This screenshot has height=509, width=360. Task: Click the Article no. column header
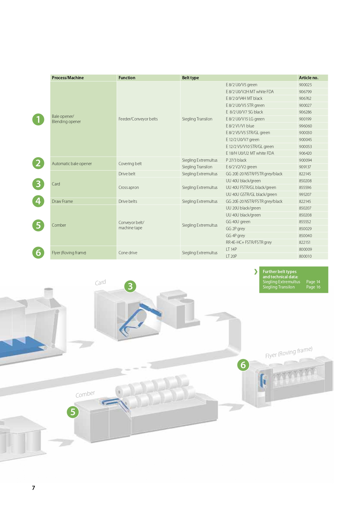tap(308, 78)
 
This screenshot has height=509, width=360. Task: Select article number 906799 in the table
tap(305, 92)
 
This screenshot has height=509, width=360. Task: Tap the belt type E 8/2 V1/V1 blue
tap(240, 126)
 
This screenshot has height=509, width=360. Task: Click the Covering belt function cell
tap(130, 164)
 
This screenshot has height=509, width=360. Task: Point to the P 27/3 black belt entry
tap(236, 160)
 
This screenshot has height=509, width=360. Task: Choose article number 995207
tap(305, 194)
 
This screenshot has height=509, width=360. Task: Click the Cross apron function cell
tap(129, 187)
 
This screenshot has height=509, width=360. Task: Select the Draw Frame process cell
tap(62, 201)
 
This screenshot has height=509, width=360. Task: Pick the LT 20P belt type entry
tap(231, 256)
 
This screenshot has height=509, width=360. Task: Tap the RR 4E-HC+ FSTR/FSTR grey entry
tap(249, 242)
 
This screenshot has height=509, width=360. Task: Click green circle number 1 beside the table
tap(38, 119)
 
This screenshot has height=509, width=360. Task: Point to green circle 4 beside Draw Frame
tap(38, 201)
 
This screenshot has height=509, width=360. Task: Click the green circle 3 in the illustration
tap(130, 286)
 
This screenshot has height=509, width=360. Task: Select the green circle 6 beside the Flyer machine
tap(243, 365)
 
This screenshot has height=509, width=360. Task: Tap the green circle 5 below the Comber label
tap(73, 412)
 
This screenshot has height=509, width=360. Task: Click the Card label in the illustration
tap(100, 282)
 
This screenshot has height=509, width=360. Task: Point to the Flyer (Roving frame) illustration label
tap(289, 352)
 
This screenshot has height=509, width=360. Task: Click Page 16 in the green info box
tap(313, 287)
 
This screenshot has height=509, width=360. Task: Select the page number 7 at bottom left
tap(34, 488)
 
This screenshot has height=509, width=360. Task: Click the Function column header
tap(127, 78)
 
